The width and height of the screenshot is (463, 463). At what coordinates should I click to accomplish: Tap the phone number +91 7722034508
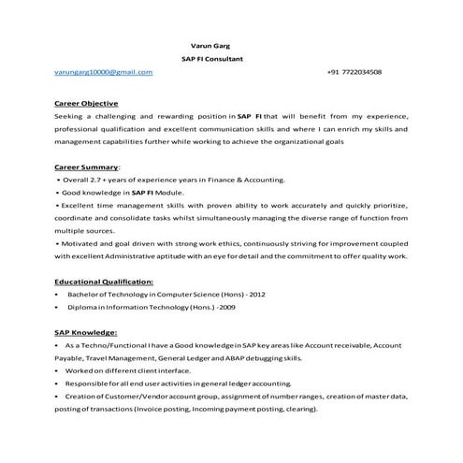(x=354, y=72)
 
